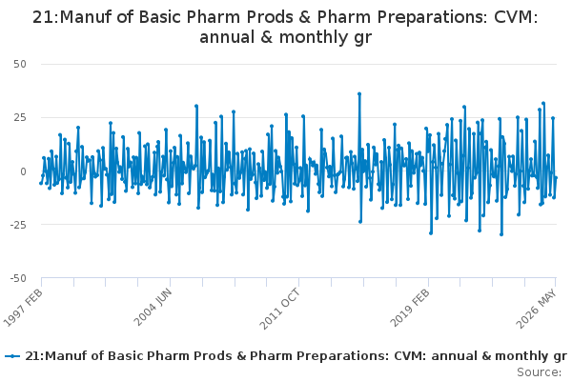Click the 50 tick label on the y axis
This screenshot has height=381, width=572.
[20, 64]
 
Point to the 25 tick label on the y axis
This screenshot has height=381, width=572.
[20, 117]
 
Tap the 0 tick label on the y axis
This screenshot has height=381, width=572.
[23, 171]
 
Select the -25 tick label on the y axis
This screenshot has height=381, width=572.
[18, 225]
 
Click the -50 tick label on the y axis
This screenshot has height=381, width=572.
[18, 278]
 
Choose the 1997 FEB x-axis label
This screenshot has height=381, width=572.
[24, 309]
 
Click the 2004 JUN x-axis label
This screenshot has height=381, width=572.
[153, 308]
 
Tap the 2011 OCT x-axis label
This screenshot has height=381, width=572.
[280, 310]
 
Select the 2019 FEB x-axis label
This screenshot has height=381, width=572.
[410, 309]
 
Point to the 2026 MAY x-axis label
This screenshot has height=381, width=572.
[536, 310]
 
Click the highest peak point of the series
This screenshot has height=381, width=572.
[359, 93]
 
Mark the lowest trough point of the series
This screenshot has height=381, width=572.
[501, 234]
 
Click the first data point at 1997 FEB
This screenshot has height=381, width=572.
[41, 183]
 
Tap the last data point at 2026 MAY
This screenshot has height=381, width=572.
[556, 177]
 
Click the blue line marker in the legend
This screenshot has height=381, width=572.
[12, 356]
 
